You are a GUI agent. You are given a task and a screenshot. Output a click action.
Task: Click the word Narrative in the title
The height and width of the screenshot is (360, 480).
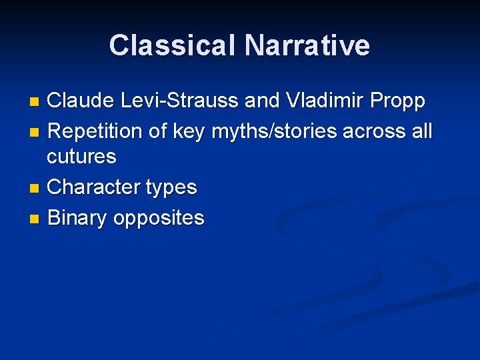click(307, 45)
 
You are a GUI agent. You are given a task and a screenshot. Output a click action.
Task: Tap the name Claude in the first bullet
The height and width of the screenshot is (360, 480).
click(83, 101)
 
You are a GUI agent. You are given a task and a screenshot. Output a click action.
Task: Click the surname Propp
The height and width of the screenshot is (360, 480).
click(400, 101)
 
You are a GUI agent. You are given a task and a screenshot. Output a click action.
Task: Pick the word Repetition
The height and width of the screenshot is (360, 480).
click(95, 131)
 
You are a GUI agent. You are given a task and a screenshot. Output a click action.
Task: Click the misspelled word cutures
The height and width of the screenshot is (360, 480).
click(81, 157)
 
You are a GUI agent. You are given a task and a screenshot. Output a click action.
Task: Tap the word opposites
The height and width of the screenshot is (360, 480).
click(159, 219)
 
